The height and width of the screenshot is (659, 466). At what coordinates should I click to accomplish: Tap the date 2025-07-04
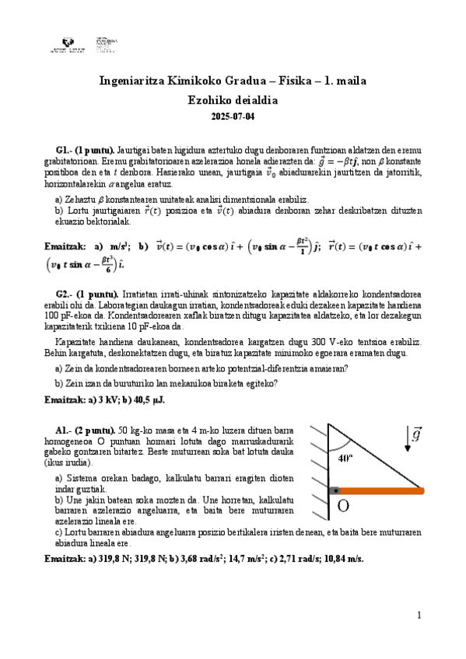(233, 117)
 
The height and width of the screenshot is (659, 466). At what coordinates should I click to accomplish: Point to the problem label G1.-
(64, 149)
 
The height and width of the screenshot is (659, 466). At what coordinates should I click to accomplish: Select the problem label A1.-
(64, 430)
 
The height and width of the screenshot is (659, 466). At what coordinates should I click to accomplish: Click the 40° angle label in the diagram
(346, 458)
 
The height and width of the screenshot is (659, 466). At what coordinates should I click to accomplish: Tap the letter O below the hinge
(343, 509)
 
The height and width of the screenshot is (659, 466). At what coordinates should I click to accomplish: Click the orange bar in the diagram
(382, 490)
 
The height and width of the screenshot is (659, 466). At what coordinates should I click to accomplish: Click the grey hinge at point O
(335, 490)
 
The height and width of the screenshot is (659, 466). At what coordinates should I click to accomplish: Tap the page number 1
(419, 615)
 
